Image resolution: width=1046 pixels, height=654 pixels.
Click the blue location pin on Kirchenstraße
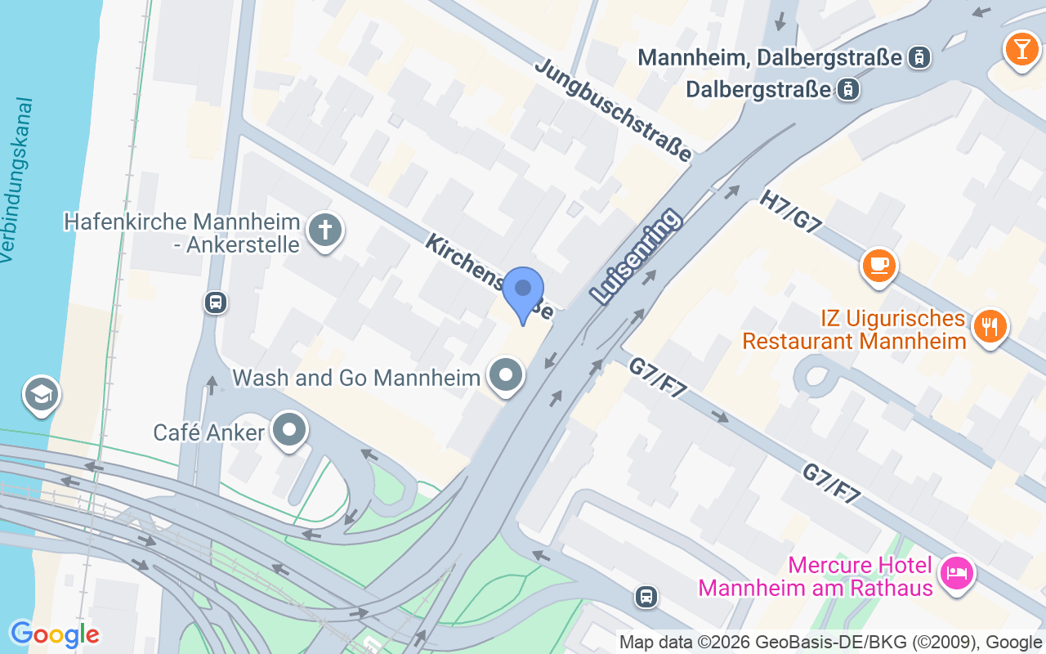(523, 292)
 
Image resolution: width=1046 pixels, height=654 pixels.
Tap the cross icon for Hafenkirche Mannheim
(325, 231)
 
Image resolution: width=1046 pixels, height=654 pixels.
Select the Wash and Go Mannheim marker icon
(506, 376)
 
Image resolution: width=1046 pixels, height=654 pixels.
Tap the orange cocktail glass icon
(1021, 47)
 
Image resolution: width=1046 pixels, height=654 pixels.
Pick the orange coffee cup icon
(878, 265)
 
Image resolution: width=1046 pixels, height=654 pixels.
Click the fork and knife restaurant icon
(990, 327)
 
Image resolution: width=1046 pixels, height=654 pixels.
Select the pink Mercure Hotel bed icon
(955, 571)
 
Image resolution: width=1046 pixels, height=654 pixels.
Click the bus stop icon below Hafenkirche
(215, 302)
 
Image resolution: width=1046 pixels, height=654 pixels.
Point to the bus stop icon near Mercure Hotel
(646, 597)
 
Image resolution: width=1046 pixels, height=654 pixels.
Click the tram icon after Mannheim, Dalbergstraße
(920, 57)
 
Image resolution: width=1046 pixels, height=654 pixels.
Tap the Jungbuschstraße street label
(613, 110)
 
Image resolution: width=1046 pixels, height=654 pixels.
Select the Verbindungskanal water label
(18, 181)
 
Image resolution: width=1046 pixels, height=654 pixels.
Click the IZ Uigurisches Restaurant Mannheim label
(854, 329)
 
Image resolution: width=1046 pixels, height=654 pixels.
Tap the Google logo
(55, 634)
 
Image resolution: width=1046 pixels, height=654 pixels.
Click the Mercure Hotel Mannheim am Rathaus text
(815, 576)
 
